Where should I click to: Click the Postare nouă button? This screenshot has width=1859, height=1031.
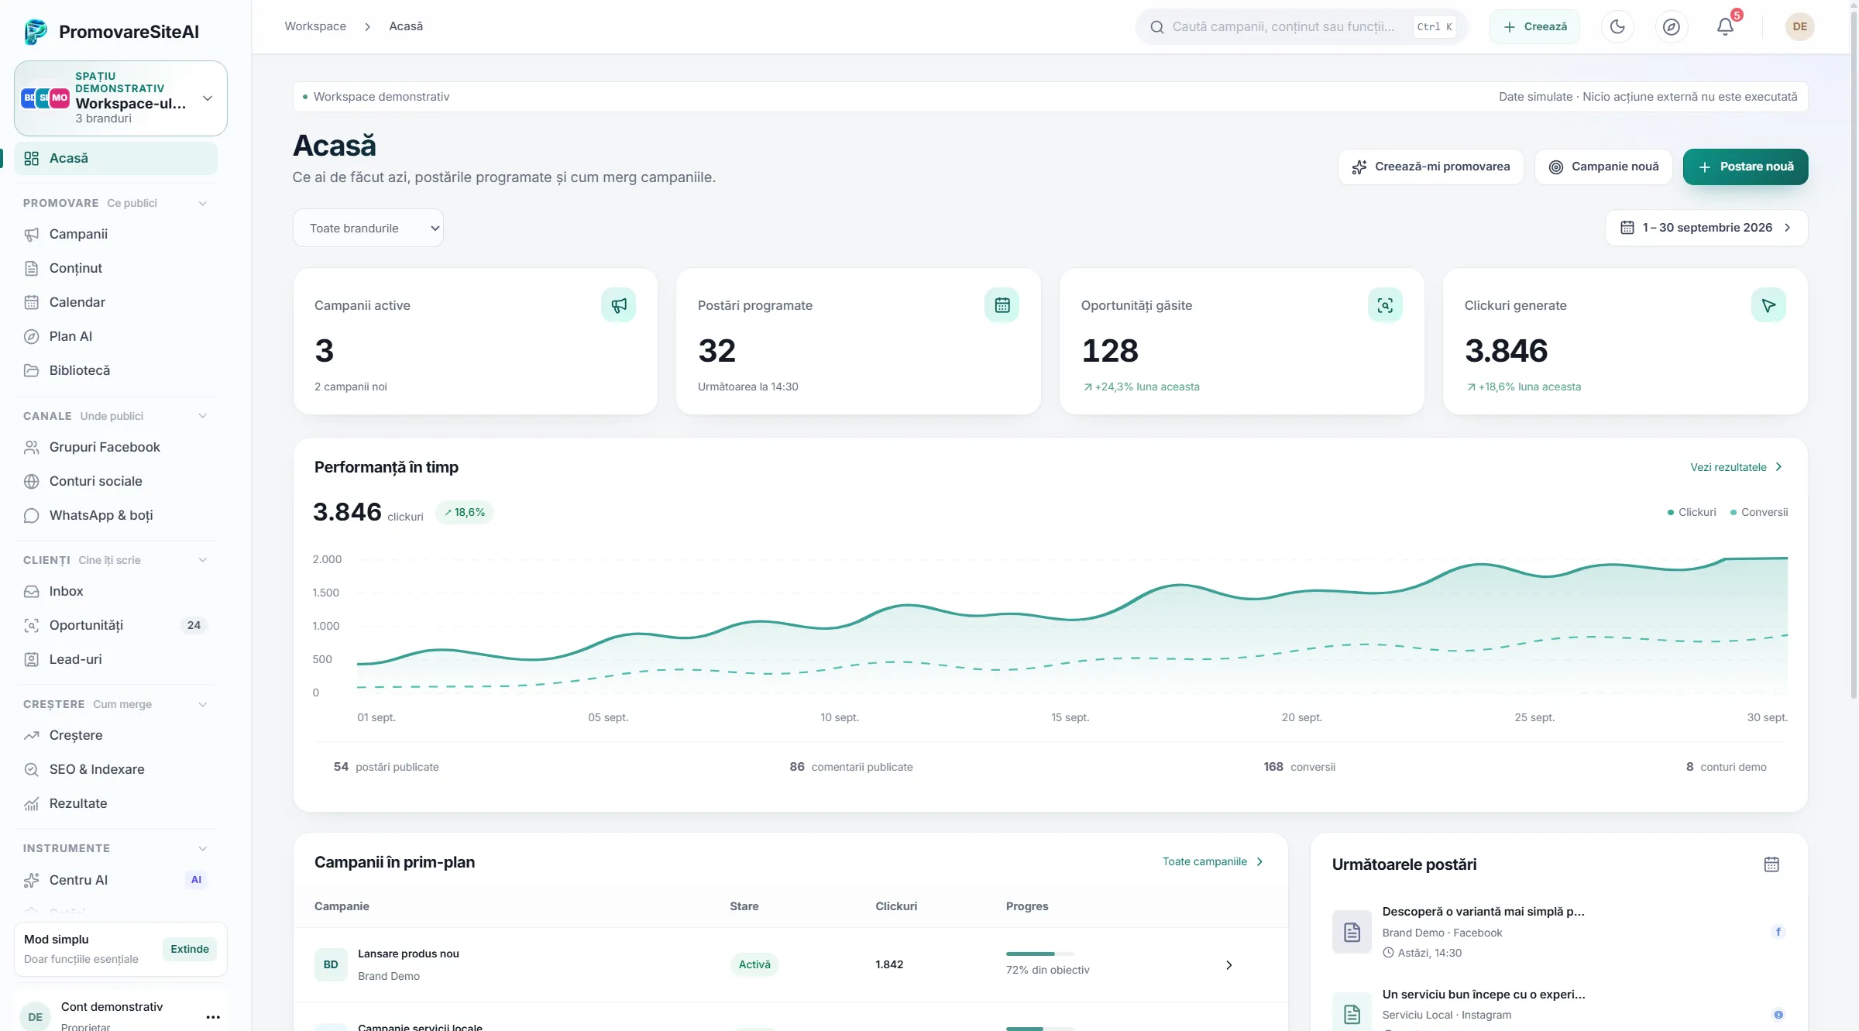pyautogui.click(x=1745, y=167)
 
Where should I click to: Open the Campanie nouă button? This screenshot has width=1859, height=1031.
pyautogui.click(x=1603, y=167)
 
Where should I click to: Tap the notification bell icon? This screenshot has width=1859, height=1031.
pyautogui.click(x=1725, y=27)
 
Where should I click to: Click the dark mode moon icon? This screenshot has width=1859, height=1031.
pyautogui.click(x=1617, y=27)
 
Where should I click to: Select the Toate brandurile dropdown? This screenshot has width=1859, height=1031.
pyautogui.click(x=368, y=228)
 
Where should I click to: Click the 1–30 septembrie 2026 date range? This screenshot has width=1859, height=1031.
pyautogui.click(x=1706, y=228)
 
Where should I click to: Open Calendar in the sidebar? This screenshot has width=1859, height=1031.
pyautogui.click(x=77, y=302)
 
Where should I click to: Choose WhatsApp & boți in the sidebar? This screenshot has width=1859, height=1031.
pyautogui.click(x=101, y=515)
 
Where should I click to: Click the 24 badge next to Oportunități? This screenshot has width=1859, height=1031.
pyautogui.click(x=194, y=625)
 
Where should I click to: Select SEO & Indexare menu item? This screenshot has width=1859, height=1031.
pyautogui.click(x=97, y=769)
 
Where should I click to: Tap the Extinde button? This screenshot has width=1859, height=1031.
pyautogui.click(x=190, y=949)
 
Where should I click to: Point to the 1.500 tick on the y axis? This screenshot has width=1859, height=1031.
pyautogui.click(x=326, y=593)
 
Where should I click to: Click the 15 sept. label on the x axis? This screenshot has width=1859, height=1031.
pyautogui.click(x=1070, y=717)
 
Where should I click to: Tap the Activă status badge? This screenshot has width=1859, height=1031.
pyautogui.click(x=754, y=964)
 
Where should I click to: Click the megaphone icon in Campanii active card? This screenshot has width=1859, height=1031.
pyautogui.click(x=618, y=305)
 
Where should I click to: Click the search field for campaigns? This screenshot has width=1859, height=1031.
pyautogui.click(x=1301, y=27)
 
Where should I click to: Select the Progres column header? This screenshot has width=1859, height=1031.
pyautogui.click(x=1027, y=906)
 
